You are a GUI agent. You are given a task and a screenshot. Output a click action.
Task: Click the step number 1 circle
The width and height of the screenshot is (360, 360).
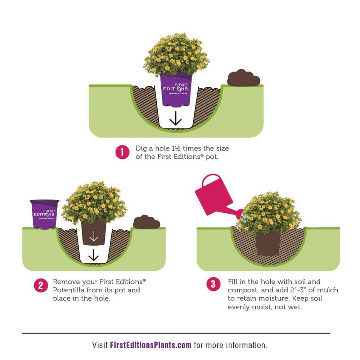(x=122, y=152)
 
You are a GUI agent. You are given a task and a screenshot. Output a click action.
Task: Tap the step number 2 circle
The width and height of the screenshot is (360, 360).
(x=41, y=285)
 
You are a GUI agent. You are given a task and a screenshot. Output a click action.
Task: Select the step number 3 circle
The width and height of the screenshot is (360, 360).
(x=213, y=284)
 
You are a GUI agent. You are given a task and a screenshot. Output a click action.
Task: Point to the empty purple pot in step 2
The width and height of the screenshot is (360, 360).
(x=44, y=214)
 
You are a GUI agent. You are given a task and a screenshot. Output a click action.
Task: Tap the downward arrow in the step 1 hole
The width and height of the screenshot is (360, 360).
(x=176, y=118)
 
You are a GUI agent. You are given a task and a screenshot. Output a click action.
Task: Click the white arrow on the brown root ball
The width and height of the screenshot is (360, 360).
(x=94, y=236)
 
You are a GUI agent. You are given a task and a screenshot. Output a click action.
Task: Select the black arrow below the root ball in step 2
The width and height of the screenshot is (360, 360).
(x=94, y=255)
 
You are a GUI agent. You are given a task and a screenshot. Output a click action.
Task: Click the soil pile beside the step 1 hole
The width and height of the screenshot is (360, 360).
(x=244, y=78)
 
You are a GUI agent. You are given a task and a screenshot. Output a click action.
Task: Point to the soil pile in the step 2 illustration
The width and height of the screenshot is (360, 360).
(x=147, y=222)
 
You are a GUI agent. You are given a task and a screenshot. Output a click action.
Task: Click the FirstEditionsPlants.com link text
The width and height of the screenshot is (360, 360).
(x=150, y=345)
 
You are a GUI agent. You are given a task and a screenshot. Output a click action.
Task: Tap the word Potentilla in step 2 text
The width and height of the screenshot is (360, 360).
(x=69, y=290)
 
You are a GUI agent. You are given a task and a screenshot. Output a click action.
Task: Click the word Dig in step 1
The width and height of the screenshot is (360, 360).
(x=141, y=149)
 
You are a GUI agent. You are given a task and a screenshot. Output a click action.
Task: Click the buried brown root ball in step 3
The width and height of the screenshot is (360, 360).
(x=268, y=243)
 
